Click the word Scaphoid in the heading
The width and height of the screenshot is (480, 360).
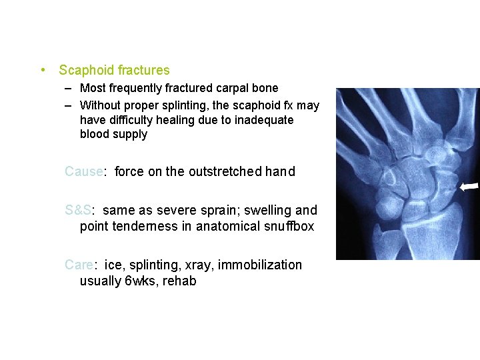pos(86,70)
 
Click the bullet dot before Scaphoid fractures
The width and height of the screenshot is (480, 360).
pos(43,70)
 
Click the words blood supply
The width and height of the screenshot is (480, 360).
pos(113,134)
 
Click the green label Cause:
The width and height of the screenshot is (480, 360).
pos(85,171)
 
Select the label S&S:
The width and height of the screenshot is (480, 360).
pos(81,210)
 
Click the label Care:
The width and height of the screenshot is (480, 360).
pos(81,265)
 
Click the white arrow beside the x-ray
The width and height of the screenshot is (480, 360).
pos(469,187)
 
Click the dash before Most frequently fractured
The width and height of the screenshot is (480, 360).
pos(69,88)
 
